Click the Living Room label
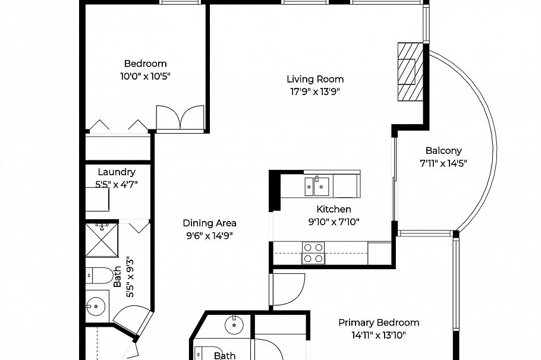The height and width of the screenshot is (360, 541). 315,79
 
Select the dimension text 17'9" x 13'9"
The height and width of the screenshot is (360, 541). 315,91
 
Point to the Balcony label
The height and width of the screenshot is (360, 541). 444,151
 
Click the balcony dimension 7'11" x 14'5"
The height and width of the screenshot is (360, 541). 444,163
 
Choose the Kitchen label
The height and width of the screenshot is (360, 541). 334,209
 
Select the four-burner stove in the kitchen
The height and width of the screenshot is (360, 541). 314,252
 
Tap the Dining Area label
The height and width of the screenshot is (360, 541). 209,223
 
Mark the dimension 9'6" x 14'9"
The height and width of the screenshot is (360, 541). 209,235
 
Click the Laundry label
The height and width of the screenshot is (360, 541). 117,172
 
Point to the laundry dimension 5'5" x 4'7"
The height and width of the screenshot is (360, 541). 117,184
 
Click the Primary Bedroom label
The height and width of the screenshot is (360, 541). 379,323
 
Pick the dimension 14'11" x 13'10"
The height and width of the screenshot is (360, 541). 379,335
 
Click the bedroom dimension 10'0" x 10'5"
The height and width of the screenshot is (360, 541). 145,76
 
